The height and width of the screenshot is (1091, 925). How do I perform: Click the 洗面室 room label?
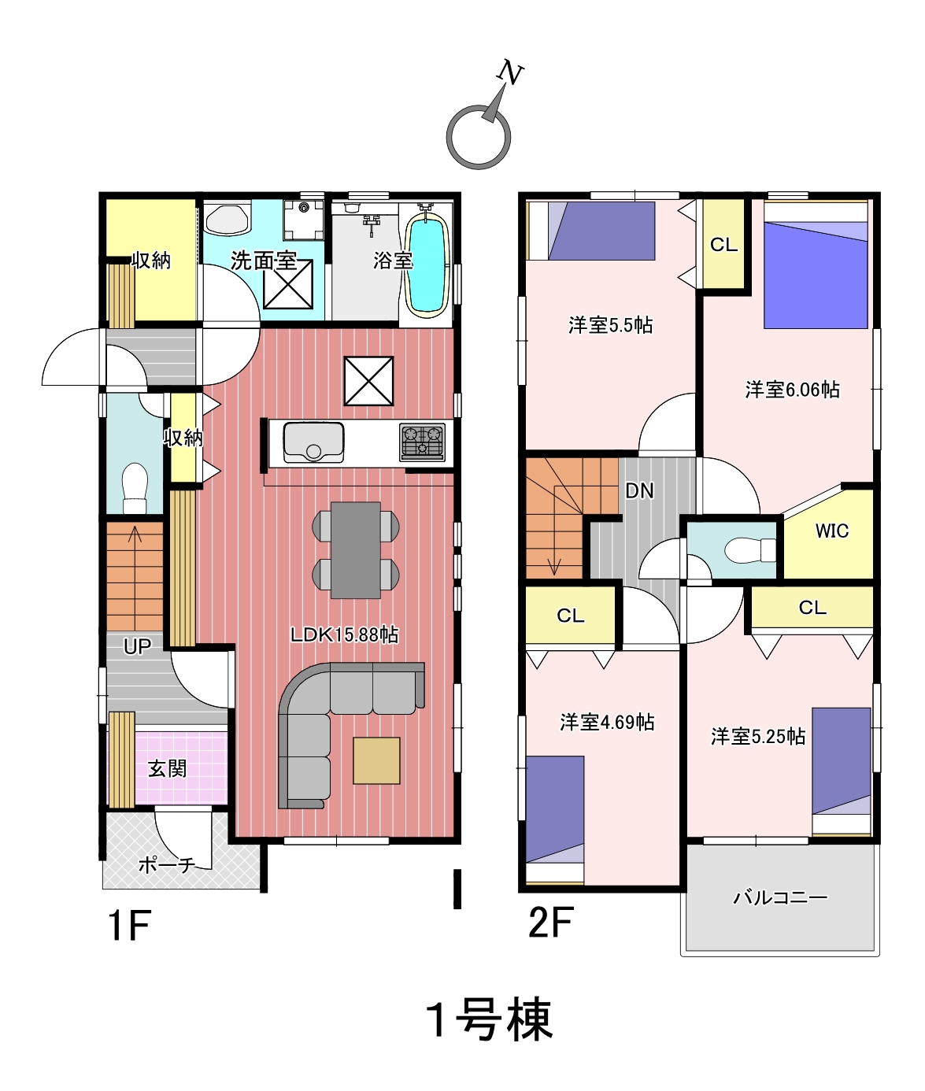(x=264, y=261)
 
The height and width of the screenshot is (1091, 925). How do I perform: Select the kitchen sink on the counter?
(x=313, y=442)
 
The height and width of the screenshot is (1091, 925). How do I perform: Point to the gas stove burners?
(x=423, y=442)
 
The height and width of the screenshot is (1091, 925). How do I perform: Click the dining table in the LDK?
(x=356, y=550)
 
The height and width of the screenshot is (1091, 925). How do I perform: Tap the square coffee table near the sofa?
(x=376, y=760)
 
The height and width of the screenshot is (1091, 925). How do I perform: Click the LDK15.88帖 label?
(x=344, y=635)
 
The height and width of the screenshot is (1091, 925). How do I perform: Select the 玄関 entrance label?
(x=168, y=768)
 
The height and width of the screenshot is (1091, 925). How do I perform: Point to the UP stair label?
(x=137, y=646)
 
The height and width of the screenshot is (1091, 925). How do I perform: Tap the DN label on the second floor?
(x=639, y=491)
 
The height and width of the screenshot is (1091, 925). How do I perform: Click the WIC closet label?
(x=832, y=531)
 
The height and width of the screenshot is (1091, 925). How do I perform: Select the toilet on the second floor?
(x=749, y=551)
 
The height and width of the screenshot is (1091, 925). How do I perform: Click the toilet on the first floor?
(x=135, y=488)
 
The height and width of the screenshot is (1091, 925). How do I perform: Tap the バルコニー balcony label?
(x=780, y=897)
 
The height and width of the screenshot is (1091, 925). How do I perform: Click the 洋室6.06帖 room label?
(x=793, y=390)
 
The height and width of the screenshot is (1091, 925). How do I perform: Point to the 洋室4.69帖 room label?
(x=607, y=722)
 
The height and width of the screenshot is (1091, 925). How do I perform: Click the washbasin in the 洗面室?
(x=227, y=220)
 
